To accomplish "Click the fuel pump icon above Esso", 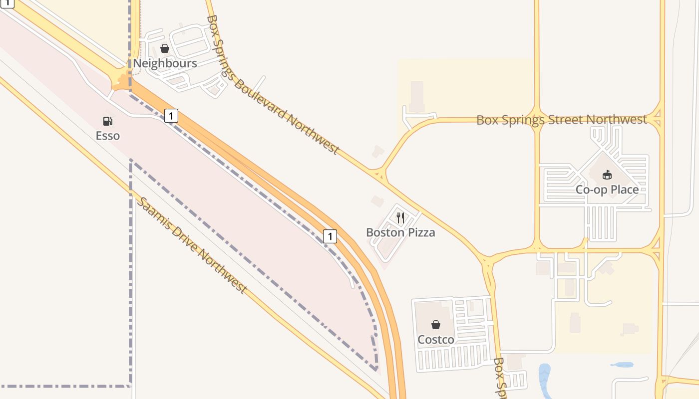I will point(107,121).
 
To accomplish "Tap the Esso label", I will point(108,135).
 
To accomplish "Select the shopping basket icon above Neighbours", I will point(164,49).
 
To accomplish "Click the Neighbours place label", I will point(165,63).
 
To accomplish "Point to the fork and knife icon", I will point(400,217).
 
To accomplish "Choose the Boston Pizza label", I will point(400,232).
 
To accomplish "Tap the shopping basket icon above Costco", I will point(436,325).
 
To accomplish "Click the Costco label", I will point(436,340).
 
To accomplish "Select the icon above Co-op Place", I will point(607,175).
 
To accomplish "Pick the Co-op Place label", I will point(607,190).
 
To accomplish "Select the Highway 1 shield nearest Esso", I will point(171,116).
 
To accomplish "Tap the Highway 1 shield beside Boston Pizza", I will point(330,236).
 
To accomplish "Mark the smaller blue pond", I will point(622,365).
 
